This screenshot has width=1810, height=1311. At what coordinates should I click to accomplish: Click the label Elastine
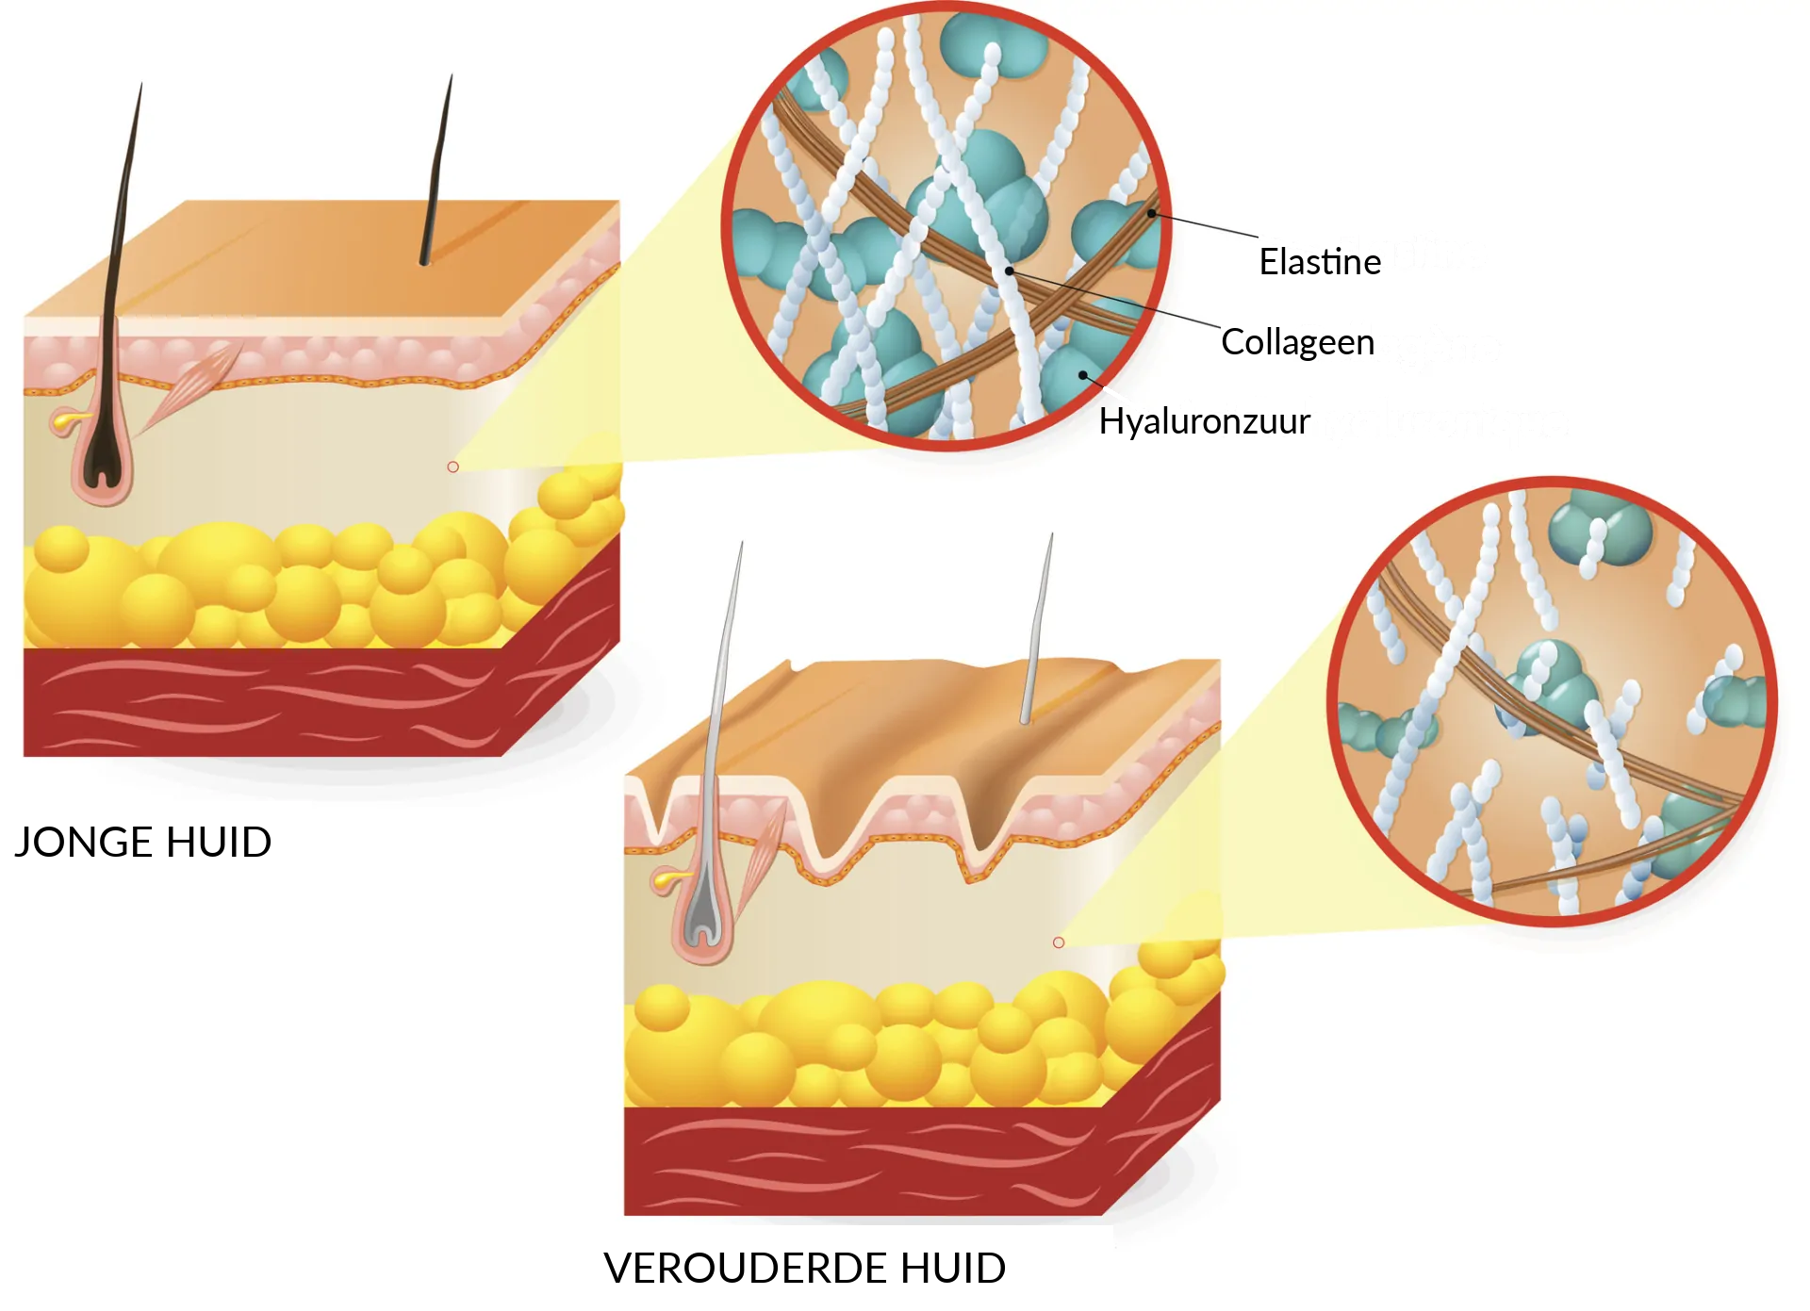(x=1320, y=261)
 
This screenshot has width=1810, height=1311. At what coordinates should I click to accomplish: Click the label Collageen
(x=1298, y=342)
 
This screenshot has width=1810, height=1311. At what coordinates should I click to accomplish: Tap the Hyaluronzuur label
(x=1205, y=421)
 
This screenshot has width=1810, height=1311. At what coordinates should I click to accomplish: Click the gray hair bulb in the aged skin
(x=702, y=919)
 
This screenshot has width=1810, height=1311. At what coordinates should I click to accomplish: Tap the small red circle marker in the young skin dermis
(x=452, y=467)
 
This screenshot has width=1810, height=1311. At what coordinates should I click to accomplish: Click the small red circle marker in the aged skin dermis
(x=1059, y=942)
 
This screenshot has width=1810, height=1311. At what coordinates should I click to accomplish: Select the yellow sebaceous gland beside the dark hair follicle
(x=66, y=420)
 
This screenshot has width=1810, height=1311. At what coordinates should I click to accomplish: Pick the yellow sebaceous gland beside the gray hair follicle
(x=667, y=880)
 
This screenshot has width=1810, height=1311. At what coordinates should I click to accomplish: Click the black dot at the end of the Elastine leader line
(x=1151, y=213)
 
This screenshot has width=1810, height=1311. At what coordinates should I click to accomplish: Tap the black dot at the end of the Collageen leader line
(x=1009, y=270)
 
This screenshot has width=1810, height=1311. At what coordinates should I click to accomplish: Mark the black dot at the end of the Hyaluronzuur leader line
(x=1083, y=375)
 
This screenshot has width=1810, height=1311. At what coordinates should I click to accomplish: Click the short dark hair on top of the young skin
(x=436, y=170)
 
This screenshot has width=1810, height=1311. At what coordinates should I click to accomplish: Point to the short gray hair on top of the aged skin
(x=1037, y=629)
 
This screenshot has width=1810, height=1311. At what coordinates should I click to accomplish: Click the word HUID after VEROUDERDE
(x=953, y=1268)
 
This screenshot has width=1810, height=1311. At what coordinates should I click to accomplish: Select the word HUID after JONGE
(x=219, y=842)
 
